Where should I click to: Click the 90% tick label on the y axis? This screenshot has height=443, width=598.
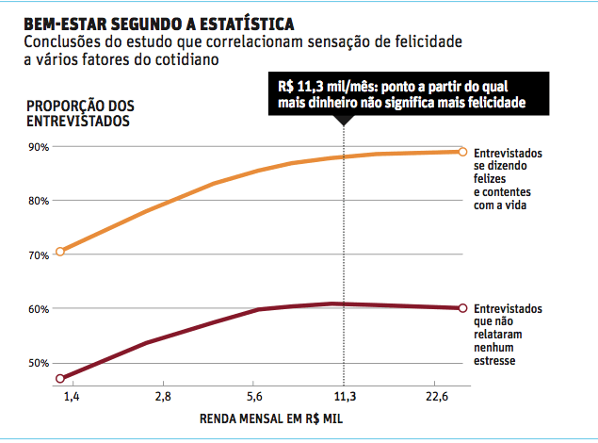point(38,147)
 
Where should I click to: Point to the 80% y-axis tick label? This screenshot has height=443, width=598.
point(38,201)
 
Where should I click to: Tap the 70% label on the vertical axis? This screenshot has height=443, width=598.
point(38,255)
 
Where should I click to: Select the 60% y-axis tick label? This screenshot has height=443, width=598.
point(38,309)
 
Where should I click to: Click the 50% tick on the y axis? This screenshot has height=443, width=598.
point(38,363)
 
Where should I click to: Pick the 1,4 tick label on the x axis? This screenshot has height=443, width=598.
point(72,397)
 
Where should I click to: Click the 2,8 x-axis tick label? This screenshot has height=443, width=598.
point(162,397)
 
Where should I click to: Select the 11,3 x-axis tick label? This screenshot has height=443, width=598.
point(346,397)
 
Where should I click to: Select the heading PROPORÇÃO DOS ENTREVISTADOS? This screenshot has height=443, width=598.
point(80,113)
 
